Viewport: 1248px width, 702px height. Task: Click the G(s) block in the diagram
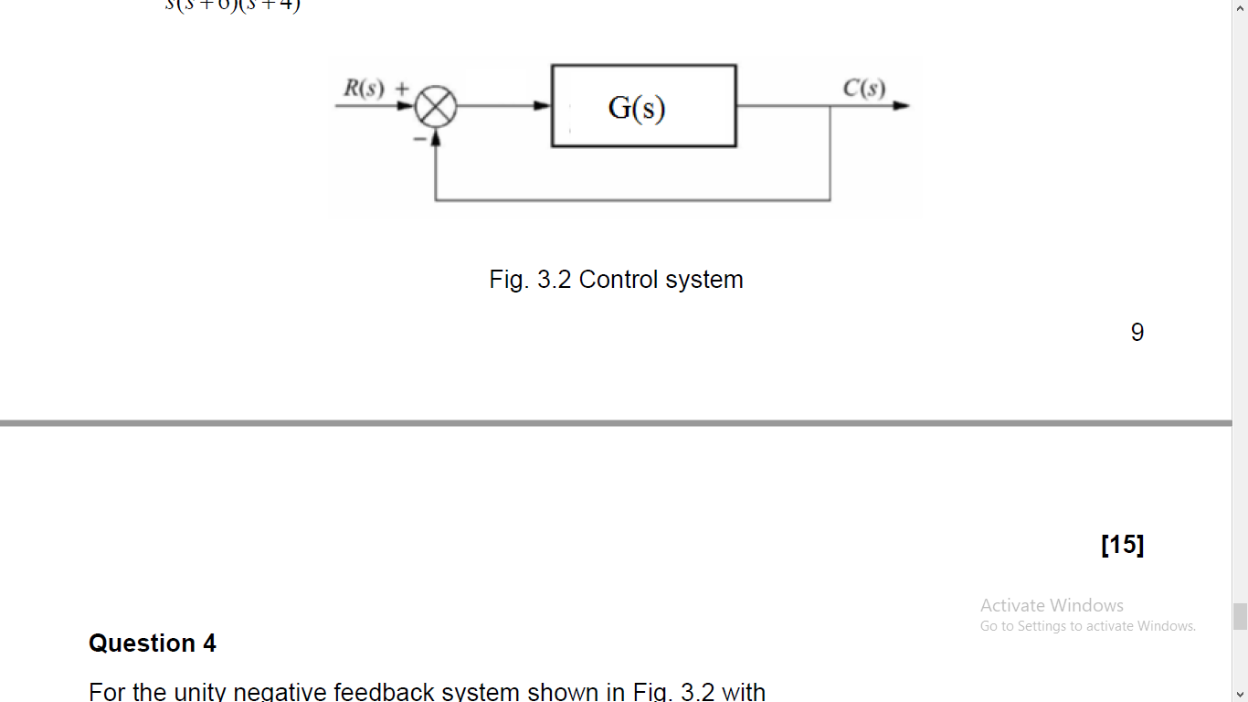tap(643, 106)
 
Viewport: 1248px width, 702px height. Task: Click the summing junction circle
tap(436, 108)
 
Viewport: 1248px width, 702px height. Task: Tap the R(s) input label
tap(364, 89)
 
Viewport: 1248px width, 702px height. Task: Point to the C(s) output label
tap(863, 89)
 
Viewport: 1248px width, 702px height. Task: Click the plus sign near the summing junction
tap(401, 89)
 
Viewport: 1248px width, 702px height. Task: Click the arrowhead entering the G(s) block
tap(544, 106)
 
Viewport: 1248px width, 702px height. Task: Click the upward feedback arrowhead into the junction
tap(436, 137)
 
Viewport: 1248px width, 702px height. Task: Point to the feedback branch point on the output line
tap(830, 106)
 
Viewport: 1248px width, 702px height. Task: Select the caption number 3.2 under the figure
tap(554, 280)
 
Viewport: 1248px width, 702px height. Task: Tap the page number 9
tap(1137, 332)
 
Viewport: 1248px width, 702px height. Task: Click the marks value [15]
tap(1122, 545)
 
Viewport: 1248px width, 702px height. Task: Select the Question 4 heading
tap(153, 643)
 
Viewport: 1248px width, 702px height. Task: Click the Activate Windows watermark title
tap(1052, 605)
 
